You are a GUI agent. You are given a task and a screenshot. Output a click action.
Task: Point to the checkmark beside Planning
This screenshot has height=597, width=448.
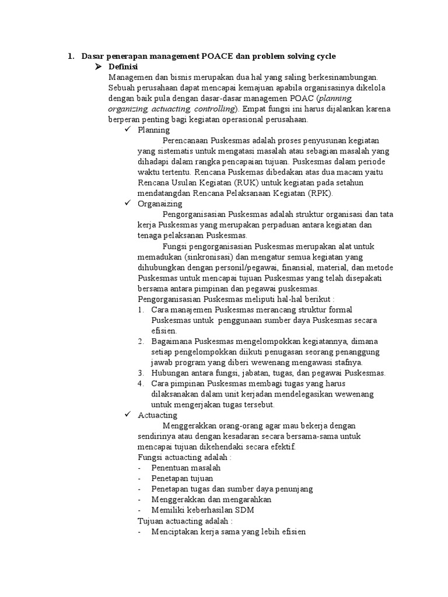[128, 130]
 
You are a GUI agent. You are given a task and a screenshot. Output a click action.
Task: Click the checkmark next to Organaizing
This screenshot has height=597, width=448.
[128, 204]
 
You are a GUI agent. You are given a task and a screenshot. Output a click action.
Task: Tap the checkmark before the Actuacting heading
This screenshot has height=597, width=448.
[128, 415]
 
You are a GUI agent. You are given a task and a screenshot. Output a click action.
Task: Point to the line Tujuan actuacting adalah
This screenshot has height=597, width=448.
[185, 521]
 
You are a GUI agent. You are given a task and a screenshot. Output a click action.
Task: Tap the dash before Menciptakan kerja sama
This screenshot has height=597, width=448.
[139, 532]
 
